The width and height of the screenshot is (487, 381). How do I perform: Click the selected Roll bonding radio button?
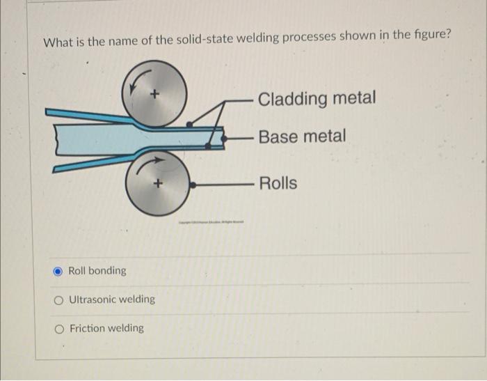click(x=59, y=271)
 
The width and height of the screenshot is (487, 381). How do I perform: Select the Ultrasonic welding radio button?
click(x=60, y=300)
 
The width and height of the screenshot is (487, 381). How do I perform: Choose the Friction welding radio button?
click(x=60, y=329)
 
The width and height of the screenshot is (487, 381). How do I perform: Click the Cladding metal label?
click(x=317, y=98)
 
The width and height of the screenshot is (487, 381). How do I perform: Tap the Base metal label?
click(x=301, y=137)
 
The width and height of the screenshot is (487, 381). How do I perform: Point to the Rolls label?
click(x=278, y=183)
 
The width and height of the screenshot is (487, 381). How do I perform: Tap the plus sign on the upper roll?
click(x=155, y=93)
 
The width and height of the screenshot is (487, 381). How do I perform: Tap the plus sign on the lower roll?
click(x=158, y=185)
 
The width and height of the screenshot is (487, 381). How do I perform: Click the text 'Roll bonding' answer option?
click(x=97, y=271)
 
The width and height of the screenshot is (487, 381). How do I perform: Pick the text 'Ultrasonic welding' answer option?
click(x=112, y=300)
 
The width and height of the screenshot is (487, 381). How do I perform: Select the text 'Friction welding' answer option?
click(x=106, y=328)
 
